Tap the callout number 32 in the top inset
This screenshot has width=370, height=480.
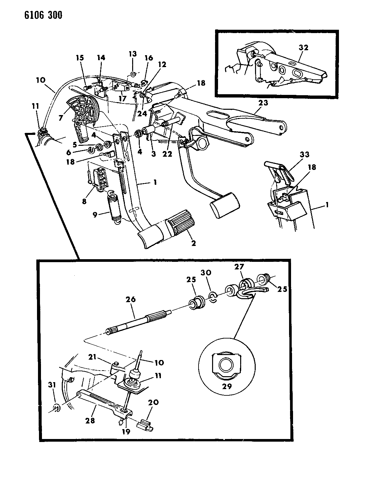tap(304, 48)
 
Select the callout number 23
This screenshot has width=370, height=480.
tap(263, 103)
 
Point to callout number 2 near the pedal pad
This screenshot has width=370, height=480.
tap(194, 243)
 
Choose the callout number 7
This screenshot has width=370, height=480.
tap(61, 118)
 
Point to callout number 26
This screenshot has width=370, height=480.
tap(130, 300)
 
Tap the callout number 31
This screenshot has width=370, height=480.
tap(52, 385)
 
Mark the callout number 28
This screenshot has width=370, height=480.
tap(90, 420)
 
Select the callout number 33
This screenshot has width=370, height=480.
tap(305, 155)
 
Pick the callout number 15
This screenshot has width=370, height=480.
tap(80, 58)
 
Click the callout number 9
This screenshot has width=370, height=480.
tap(95, 215)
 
